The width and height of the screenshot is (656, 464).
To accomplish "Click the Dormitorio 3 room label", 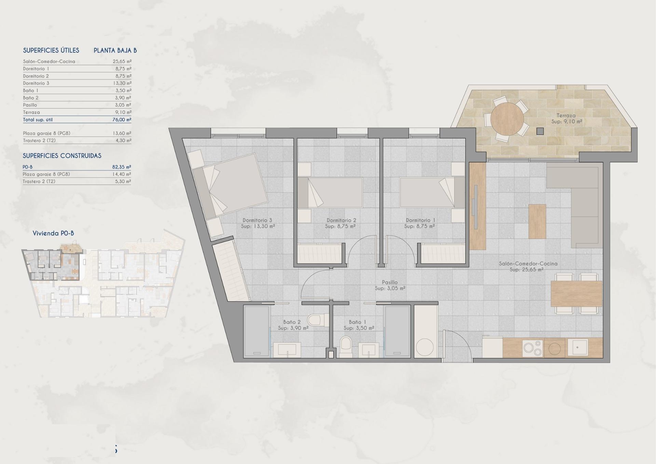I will tap(257, 220).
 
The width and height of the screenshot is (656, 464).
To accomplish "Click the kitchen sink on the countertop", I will tap(578, 347).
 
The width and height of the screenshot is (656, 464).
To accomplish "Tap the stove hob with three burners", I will tap(533, 348).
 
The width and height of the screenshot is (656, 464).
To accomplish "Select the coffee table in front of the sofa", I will tap(537, 221).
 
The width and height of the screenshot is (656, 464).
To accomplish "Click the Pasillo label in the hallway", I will tap(390, 282).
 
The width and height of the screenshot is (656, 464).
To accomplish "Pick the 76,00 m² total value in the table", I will tap(122, 120).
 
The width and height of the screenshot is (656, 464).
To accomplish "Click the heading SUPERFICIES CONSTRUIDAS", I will tap(62, 156).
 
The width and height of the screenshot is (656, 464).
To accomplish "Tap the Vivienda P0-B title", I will tap(53, 233).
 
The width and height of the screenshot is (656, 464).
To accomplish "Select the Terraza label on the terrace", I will tap(566, 115).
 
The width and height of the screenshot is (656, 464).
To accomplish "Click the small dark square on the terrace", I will tap(540, 131).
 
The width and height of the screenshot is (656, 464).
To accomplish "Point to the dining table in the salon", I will tap(576, 294).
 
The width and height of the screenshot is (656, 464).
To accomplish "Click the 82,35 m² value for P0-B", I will tap(122, 167).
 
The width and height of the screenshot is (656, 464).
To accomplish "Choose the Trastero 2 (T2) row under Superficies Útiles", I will tap(39, 140).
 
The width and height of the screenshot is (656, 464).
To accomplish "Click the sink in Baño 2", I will tap(287, 350).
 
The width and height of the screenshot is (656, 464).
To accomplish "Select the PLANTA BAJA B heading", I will tap(115, 51).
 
